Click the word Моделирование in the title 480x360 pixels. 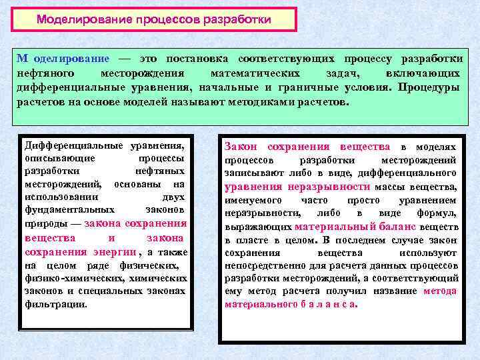click(76, 19)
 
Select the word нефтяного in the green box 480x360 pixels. click(45, 73)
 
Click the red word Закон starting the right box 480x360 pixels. click(240, 147)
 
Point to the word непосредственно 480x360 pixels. click(260, 265)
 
